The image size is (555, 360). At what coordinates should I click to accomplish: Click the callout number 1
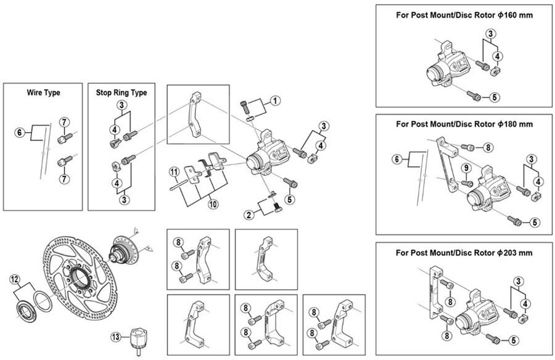275,101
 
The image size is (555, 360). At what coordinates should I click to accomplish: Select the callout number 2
249,215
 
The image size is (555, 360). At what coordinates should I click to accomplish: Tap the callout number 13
116,337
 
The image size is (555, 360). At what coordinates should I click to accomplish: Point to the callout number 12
14,280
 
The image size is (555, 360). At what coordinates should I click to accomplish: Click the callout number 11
174,173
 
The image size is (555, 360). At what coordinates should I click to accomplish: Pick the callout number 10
213,204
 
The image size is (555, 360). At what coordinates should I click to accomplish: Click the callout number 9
466,168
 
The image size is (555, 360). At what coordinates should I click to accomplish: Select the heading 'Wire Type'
43,92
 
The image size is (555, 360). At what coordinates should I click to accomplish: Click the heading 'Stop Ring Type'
121,92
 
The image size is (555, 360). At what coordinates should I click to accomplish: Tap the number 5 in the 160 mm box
495,97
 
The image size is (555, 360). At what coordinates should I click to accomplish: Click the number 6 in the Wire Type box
20,133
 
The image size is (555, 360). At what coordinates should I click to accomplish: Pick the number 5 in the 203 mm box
513,340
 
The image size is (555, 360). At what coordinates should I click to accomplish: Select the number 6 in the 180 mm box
397,160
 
